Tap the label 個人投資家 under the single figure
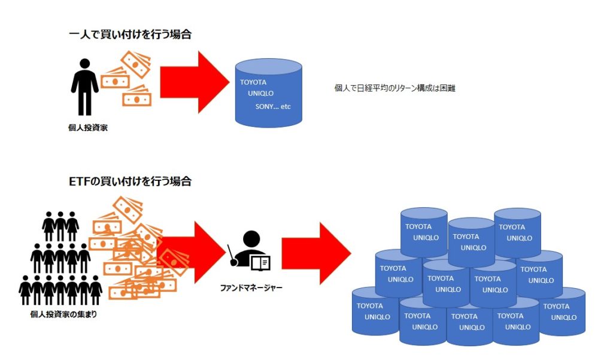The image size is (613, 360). (85, 127)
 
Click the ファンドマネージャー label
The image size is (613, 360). (251, 288)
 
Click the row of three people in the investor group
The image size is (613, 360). (60, 225)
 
